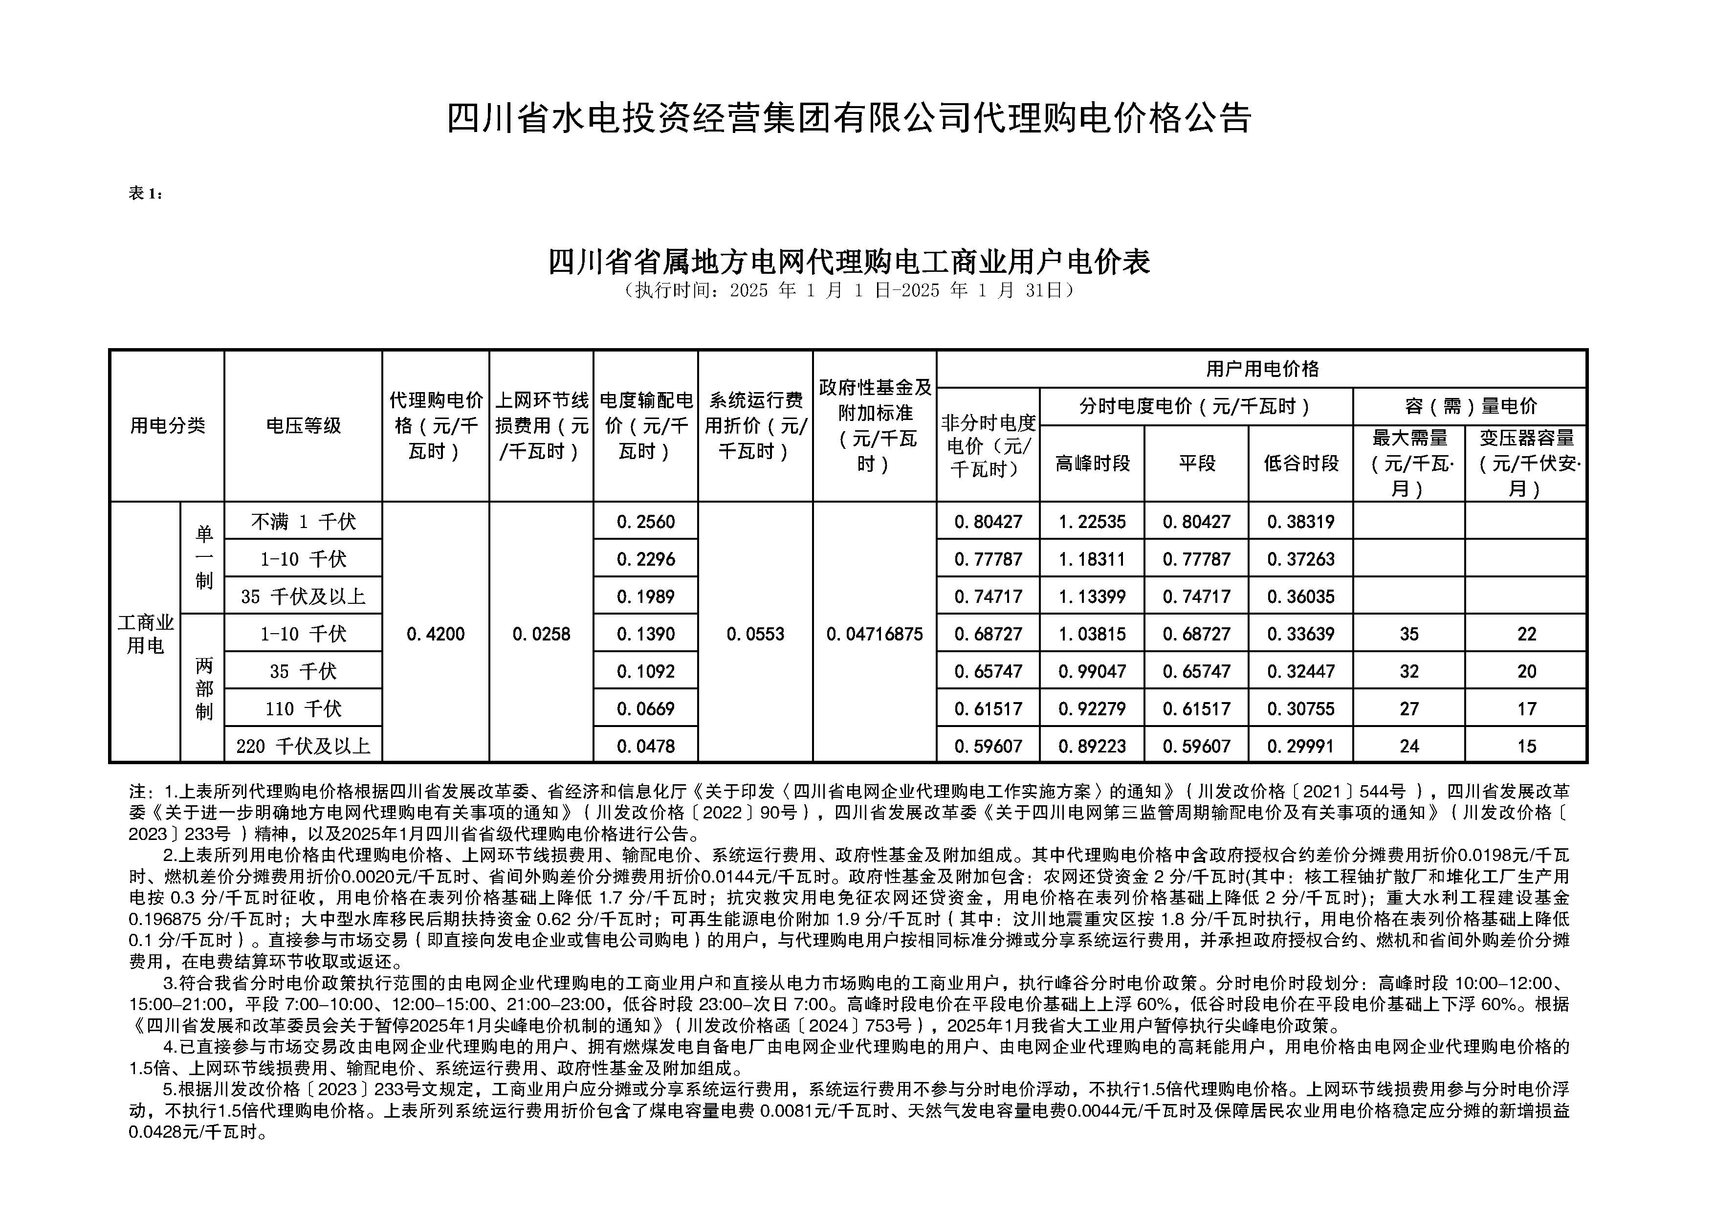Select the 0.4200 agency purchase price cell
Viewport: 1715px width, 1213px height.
tap(436, 634)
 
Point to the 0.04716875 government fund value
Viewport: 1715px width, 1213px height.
tap(874, 634)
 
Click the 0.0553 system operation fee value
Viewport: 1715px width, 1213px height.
tap(755, 634)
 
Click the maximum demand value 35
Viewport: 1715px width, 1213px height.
tap(1409, 634)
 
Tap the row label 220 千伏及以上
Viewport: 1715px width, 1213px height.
tap(303, 746)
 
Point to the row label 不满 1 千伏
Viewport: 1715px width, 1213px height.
tap(303, 521)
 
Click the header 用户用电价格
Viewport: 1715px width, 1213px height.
tap(1262, 369)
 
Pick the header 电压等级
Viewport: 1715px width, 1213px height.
tap(303, 426)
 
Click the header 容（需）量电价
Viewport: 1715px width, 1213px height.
tap(1469, 406)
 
